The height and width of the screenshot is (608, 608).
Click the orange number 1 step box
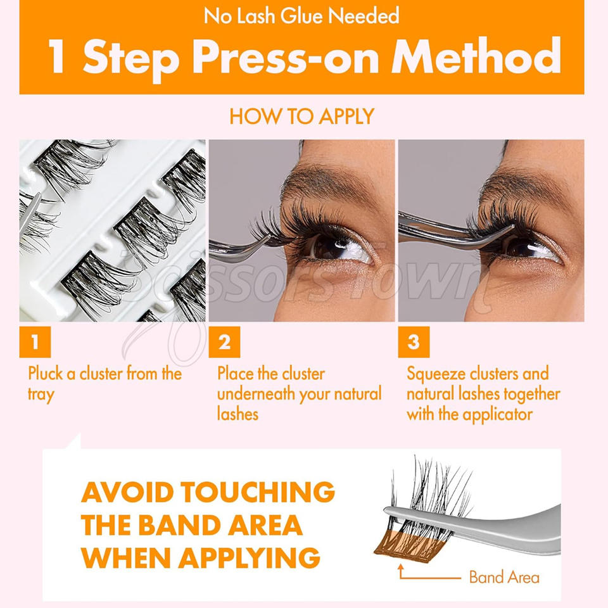pos(35,341)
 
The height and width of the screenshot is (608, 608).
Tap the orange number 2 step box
pos(224,341)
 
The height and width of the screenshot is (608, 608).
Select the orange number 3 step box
pos(414,341)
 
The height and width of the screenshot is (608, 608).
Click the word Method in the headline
pos(476,56)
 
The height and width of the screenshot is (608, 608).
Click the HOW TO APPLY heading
pos(301,116)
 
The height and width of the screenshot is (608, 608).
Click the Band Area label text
pos(504,578)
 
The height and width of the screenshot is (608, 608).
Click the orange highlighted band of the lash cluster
pos(403,544)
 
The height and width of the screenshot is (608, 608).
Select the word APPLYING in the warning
pos(250,557)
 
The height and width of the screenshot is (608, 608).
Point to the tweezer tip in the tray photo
pos(39,195)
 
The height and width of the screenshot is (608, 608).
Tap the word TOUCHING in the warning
pos(258,491)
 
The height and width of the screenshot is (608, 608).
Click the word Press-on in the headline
pos(286,56)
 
